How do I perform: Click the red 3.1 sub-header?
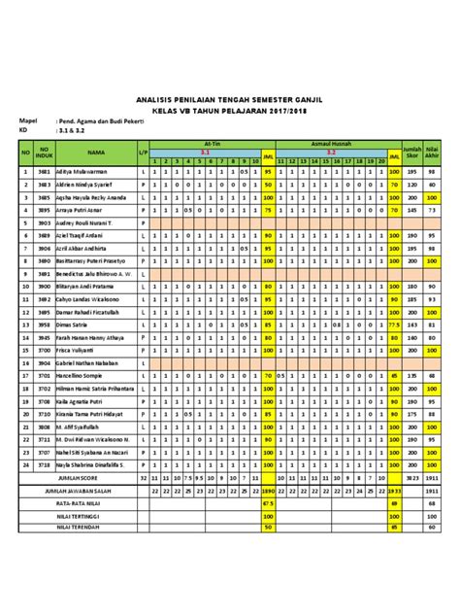point(205,152)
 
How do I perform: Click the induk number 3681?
point(43,172)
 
